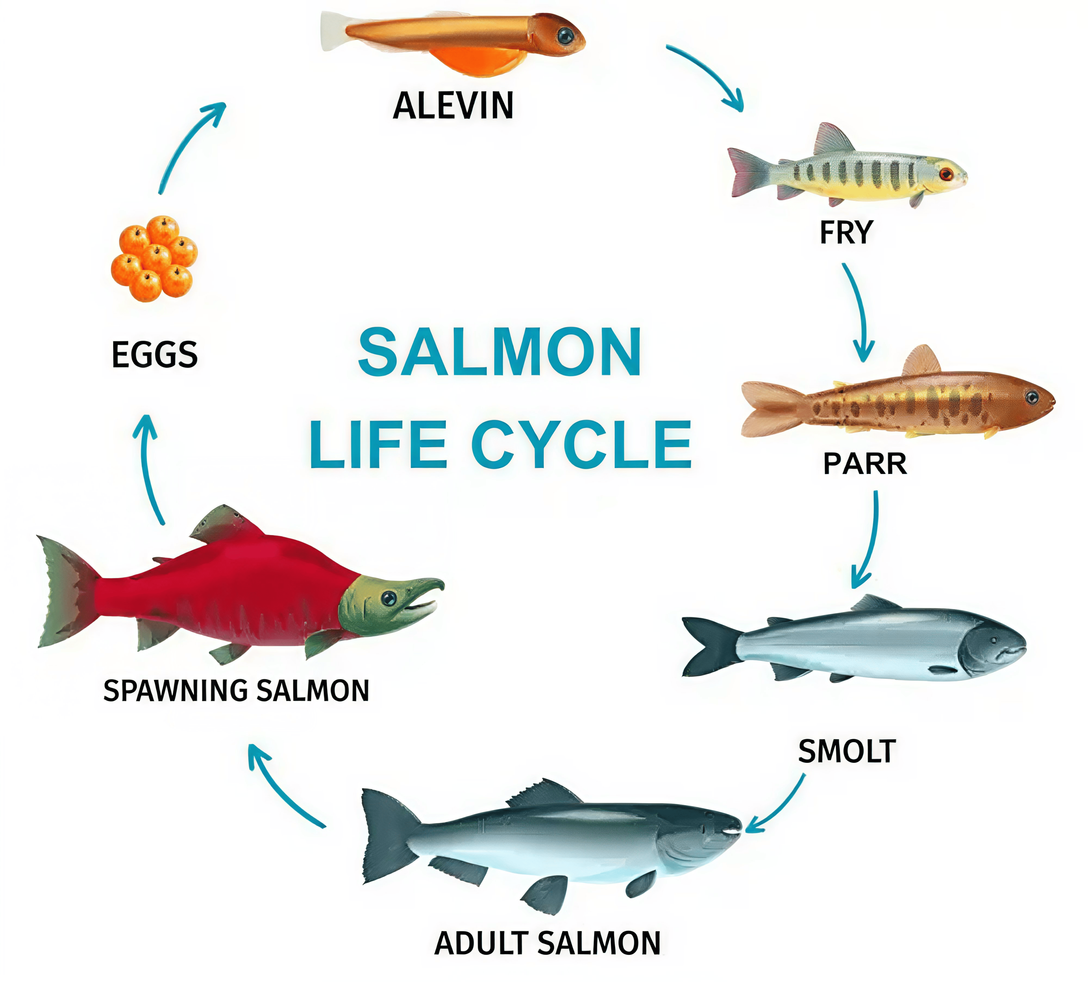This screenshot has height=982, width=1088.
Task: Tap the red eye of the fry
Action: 945,174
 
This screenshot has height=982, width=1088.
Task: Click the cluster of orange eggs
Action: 154,258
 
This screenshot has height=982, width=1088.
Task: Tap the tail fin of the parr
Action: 769,408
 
